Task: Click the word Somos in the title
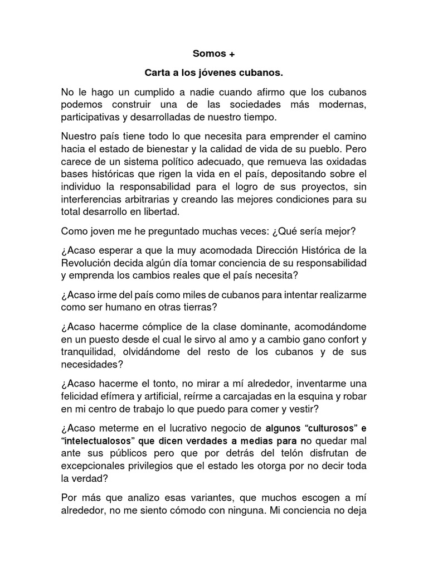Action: [x=207, y=54]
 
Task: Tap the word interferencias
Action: [x=94, y=199]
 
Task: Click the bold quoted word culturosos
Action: [x=323, y=429]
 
